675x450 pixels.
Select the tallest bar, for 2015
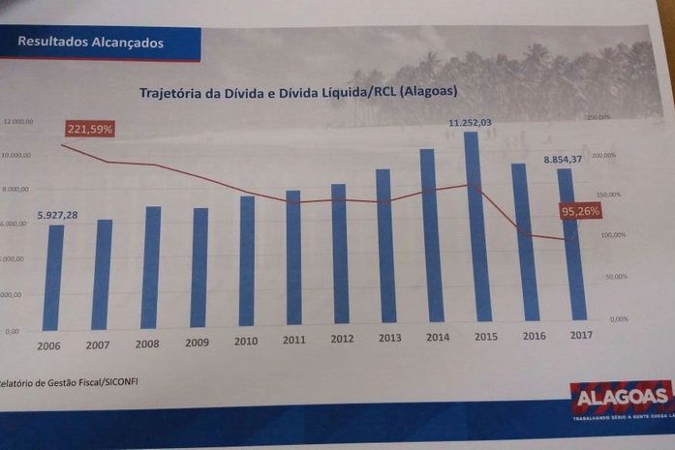click(x=477, y=227)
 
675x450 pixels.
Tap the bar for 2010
click(x=247, y=260)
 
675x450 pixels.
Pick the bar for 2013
click(x=385, y=246)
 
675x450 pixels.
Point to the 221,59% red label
click(x=90, y=129)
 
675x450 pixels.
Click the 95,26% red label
click(x=581, y=211)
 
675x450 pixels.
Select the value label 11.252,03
click(x=470, y=123)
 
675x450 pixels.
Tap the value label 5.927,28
click(x=58, y=215)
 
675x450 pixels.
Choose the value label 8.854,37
click(x=563, y=159)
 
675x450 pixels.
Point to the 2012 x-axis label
click(x=342, y=339)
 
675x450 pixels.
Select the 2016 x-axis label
click(x=534, y=335)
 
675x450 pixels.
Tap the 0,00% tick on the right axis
click(x=620, y=318)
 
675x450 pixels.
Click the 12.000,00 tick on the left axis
click(x=18, y=122)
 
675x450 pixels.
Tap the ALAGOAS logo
click(x=621, y=397)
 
